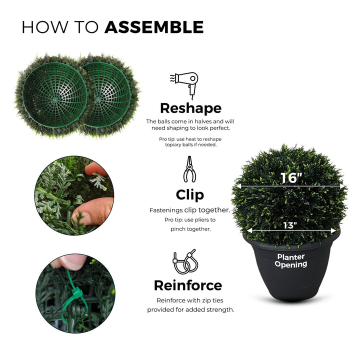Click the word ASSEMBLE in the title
click(x=154, y=27)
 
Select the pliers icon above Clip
click(x=189, y=169)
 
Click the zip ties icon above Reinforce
click(x=185, y=261)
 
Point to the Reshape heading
click(x=190, y=108)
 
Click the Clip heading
click(x=190, y=195)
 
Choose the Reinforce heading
click(x=188, y=285)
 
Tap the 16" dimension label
click(x=291, y=178)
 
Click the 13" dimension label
click(x=290, y=225)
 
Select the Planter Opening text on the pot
click(x=291, y=260)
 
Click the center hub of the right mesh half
click(x=98, y=100)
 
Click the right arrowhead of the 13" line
click(x=333, y=230)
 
